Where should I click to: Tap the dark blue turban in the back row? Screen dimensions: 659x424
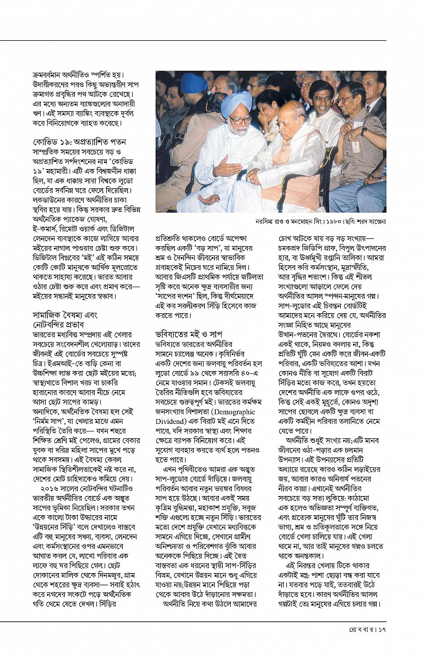click(x=194, y=83)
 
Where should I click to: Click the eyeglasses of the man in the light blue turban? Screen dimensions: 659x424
click(x=239, y=119)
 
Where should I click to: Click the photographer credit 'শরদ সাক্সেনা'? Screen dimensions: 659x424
click(x=369, y=221)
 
